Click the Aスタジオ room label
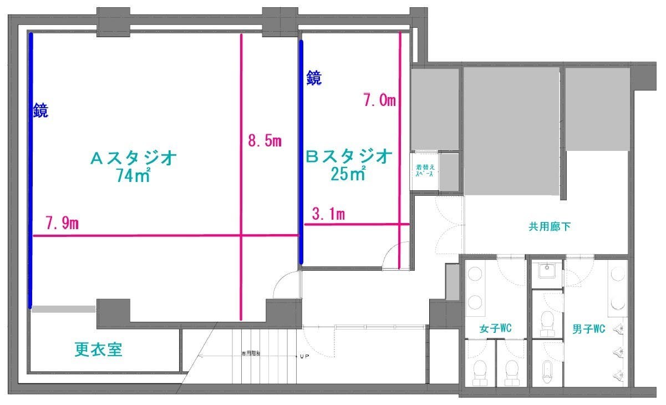[134, 159]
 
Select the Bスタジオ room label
[349, 156]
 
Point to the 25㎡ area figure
[349, 174]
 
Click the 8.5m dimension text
[265, 141]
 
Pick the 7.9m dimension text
[62, 224]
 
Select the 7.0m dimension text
[379, 100]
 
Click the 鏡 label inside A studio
[40, 111]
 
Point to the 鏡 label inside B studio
[314, 78]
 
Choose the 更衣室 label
[98, 349]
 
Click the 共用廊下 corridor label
[550, 226]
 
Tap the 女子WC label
[495, 329]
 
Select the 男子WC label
[588, 329]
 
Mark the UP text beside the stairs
[304, 356]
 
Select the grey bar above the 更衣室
[63, 309]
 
